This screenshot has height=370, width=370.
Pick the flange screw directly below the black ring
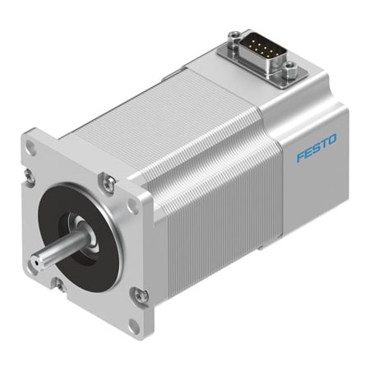59,284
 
